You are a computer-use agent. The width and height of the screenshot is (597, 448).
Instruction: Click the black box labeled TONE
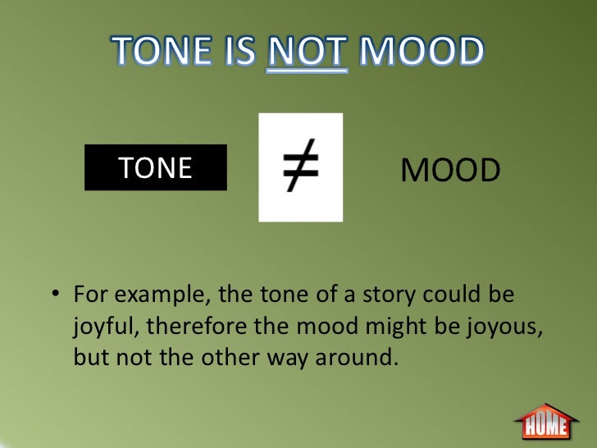pos(155,168)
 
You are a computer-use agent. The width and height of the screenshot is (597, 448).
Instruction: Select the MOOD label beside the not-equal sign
pos(450,171)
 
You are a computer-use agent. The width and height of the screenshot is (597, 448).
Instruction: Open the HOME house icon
pos(545,422)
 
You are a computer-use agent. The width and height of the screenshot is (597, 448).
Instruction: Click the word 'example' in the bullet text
pos(148,295)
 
